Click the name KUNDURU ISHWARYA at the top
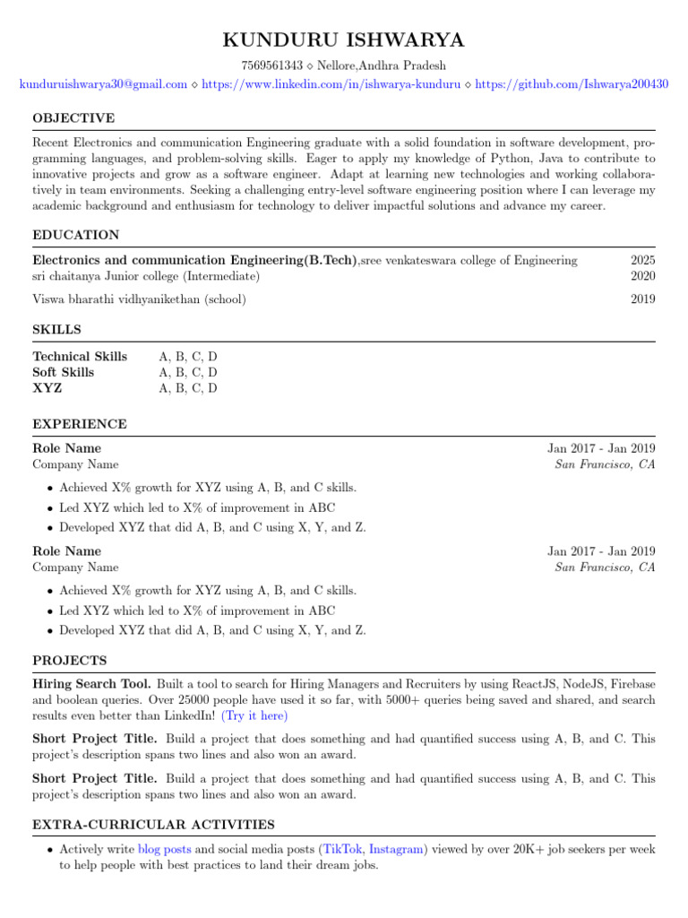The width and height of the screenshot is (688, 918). pos(344,41)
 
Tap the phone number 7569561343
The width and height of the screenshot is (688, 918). pos(272,65)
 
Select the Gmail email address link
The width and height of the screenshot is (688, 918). pos(103,83)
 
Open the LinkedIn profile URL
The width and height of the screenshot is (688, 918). pos(331,83)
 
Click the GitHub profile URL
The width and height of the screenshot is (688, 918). pos(571,83)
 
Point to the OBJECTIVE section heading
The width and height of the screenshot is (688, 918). pos(73,118)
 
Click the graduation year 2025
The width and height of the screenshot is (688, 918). pos(642,260)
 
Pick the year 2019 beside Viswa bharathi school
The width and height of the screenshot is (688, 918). pos(642,299)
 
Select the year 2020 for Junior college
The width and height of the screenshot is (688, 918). pos(642,275)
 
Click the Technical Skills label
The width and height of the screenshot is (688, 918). pos(80,356)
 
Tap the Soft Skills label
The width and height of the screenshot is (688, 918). pos(64,372)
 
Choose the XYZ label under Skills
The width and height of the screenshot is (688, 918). pos(47,388)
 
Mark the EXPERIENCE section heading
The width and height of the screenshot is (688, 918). pos(80,424)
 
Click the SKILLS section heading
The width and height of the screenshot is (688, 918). pos(56,330)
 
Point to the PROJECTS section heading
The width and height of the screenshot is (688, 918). pos(70,661)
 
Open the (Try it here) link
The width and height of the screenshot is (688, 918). pos(254,716)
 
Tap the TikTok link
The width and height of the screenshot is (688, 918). pos(344,848)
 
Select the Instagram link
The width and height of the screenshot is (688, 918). pos(397,848)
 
